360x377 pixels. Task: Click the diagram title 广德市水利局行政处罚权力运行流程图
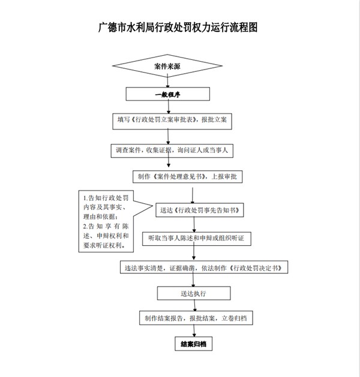click(x=178, y=27)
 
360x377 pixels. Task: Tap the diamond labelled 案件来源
click(x=167, y=66)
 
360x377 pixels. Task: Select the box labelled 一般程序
click(x=168, y=94)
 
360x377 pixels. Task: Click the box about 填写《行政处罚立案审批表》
click(x=172, y=122)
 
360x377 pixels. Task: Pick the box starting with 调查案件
click(x=172, y=151)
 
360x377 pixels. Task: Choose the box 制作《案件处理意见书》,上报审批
click(x=187, y=177)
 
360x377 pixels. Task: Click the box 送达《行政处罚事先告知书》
click(x=199, y=210)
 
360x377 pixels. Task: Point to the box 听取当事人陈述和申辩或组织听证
click(x=197, y=239)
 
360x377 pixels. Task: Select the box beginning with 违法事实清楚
click(x=204, y=267)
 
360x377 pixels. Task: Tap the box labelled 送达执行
click(x=194, y=293)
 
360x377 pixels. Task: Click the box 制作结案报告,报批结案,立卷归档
click(x=196, y=318)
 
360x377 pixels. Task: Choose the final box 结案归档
click(x=193, y=344)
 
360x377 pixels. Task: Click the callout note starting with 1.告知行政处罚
click(x=106, y=221)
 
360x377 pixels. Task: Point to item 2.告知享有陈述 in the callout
click(x=106, y=236)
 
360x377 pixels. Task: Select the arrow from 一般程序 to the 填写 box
click(x=169, y=107)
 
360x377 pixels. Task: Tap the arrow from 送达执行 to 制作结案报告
click(x=194, y=305)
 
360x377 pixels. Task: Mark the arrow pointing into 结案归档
click(x=194, y=331)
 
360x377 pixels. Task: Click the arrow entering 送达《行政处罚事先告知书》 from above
click(x=193, y=195)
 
